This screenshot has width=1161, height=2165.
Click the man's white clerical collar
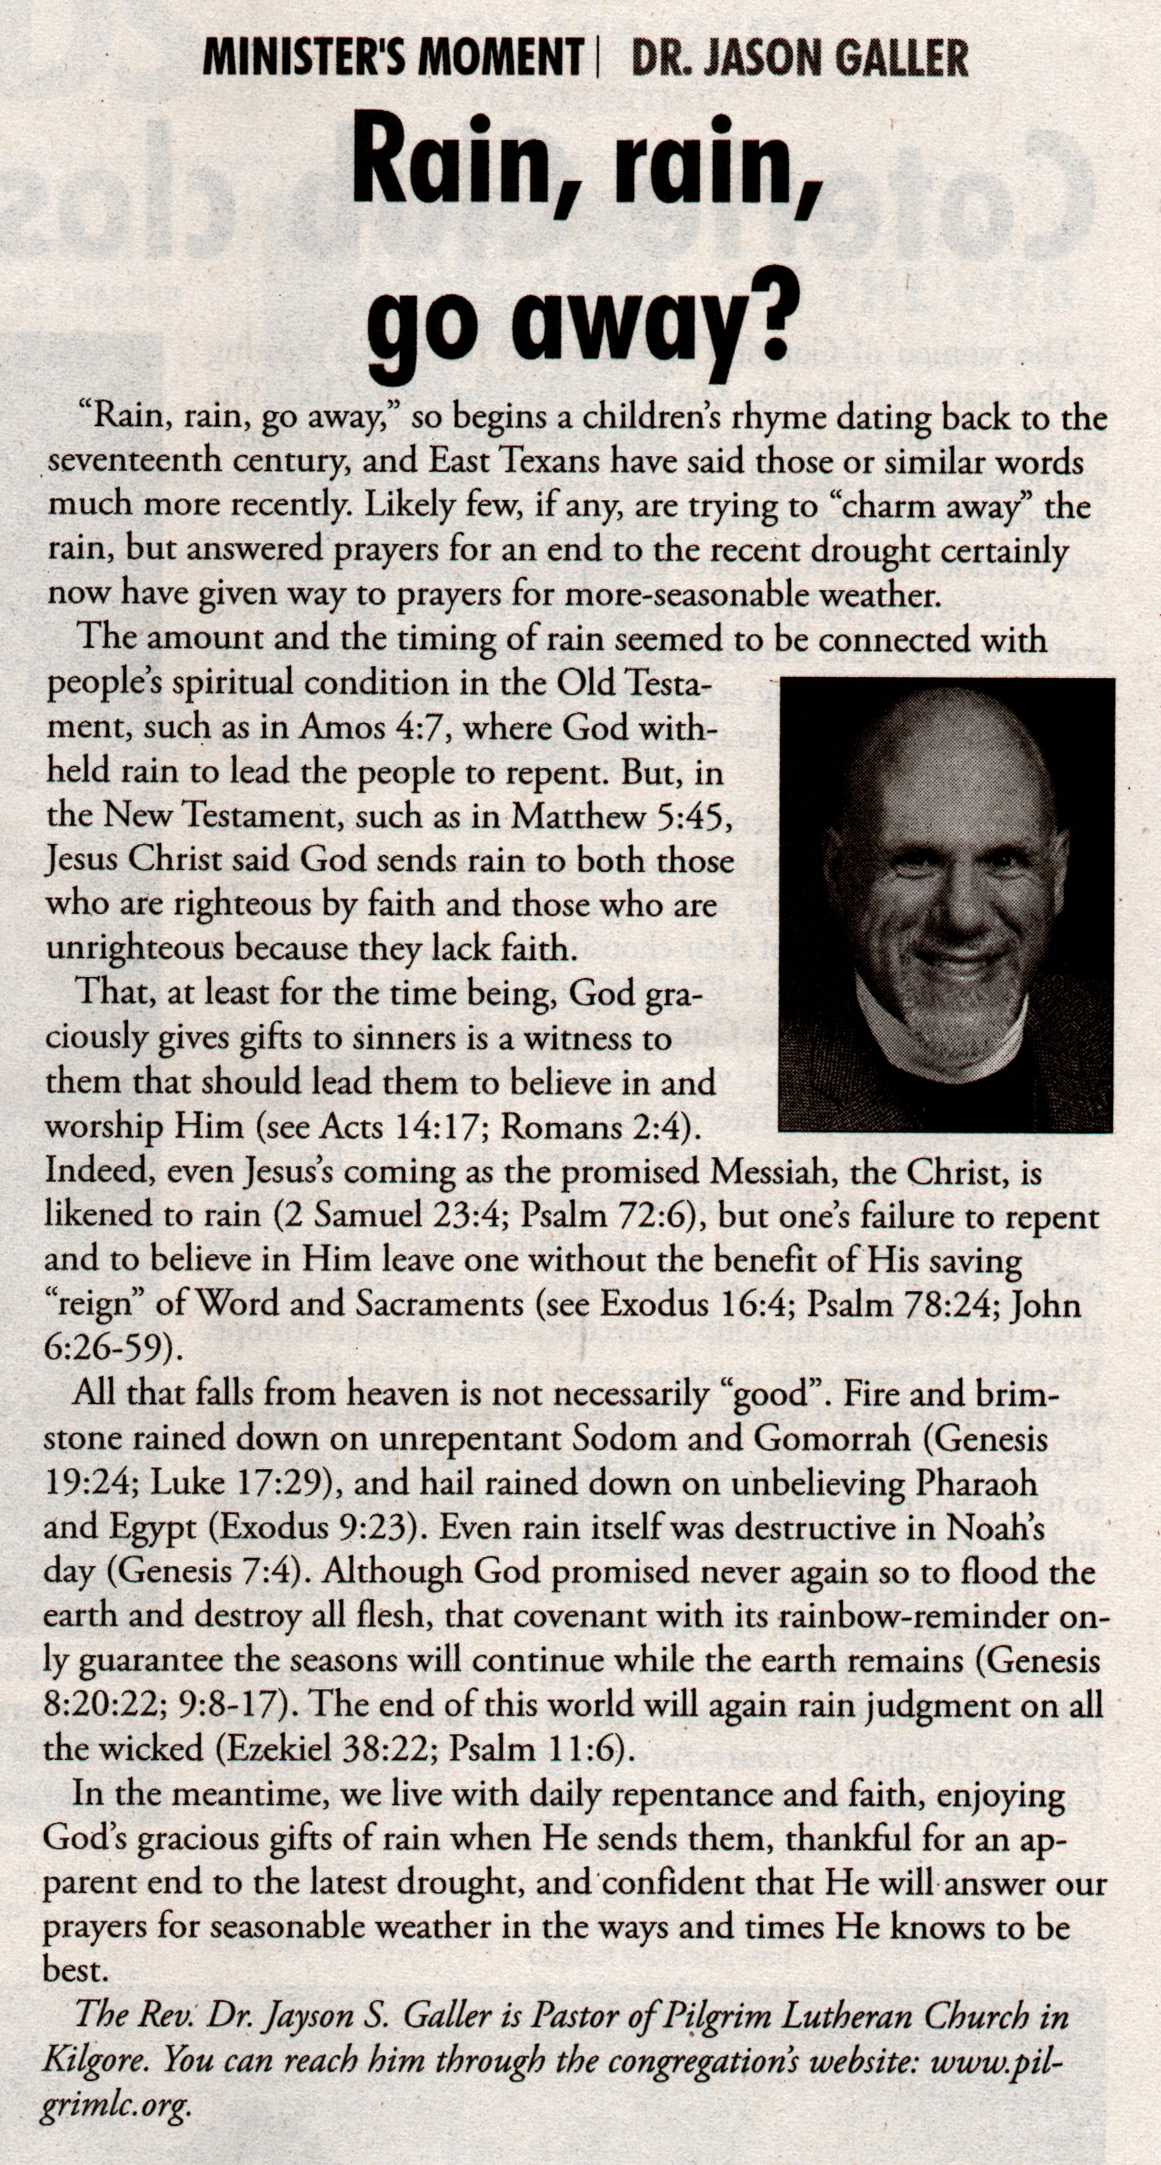click(x=941, y=1042)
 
